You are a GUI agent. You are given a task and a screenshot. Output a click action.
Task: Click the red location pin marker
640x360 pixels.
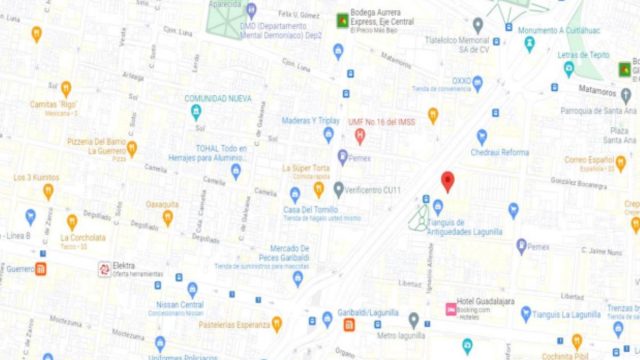447,181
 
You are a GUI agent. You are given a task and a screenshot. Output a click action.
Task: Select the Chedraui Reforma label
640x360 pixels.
499,152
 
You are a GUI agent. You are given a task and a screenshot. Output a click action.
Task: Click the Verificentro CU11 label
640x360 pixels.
372,188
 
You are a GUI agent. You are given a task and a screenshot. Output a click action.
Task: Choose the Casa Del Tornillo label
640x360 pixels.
293,208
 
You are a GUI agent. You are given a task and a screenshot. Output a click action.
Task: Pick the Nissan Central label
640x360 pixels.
180,304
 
